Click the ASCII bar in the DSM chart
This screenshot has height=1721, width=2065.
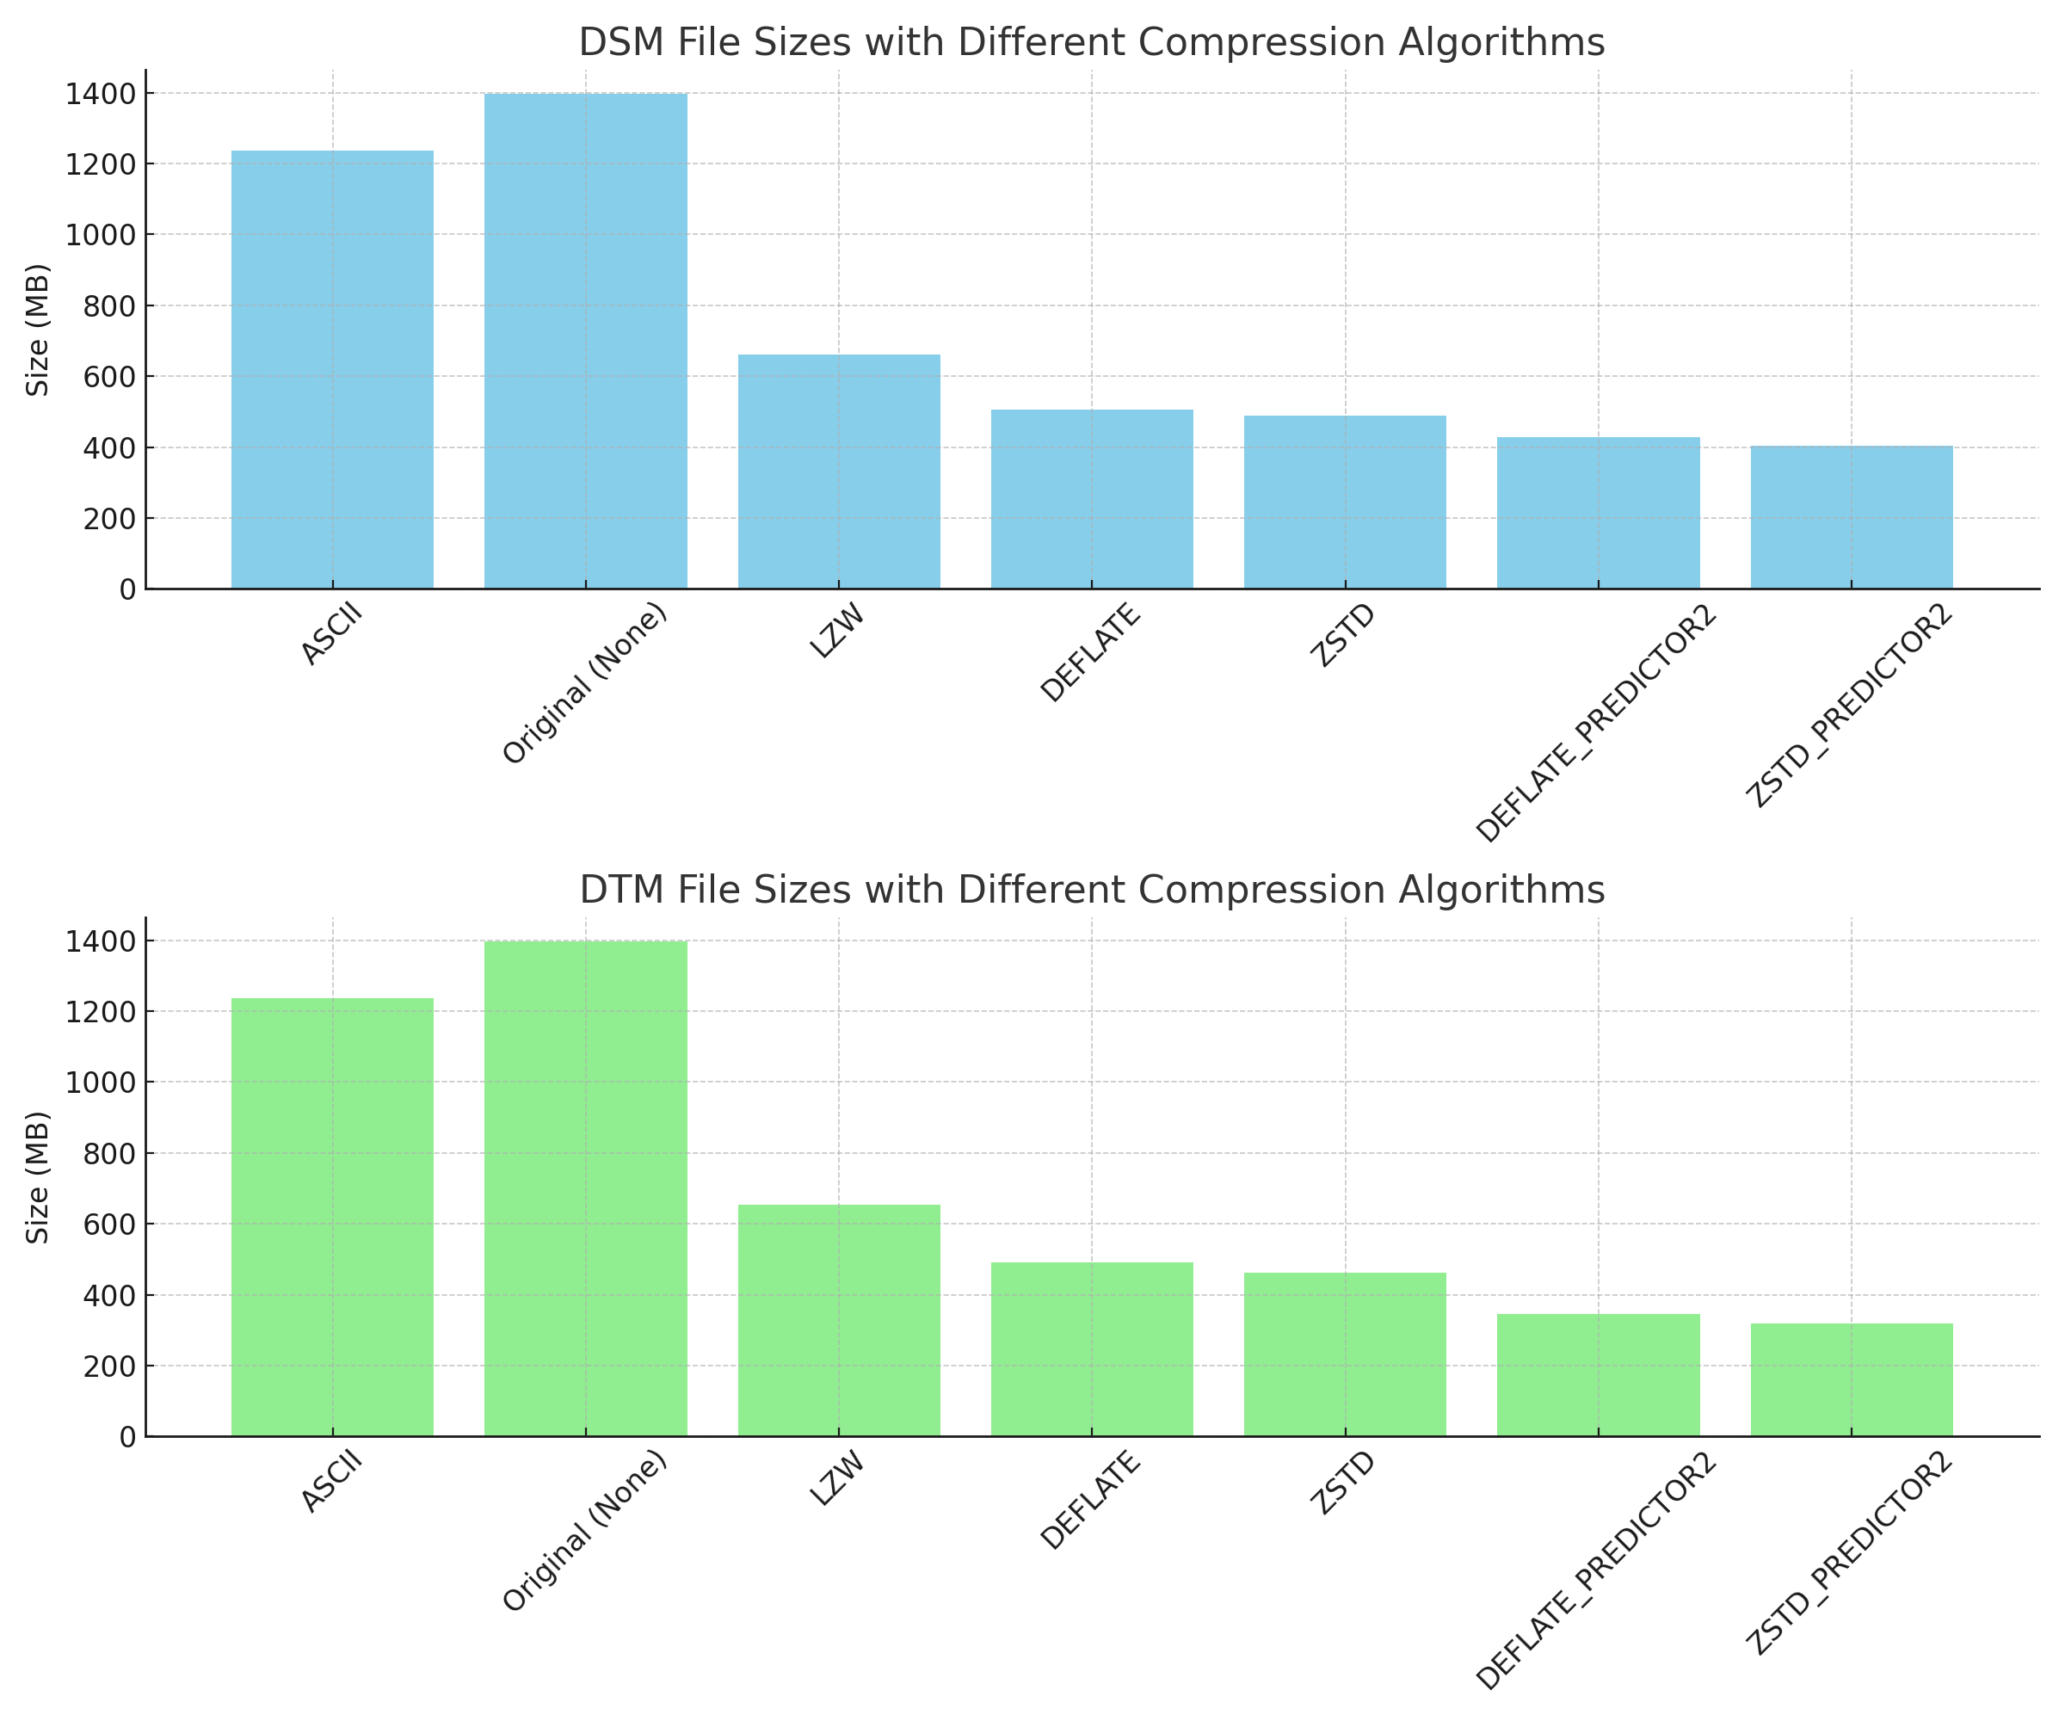(332, 370)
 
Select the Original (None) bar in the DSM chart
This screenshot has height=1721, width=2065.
(585, 342)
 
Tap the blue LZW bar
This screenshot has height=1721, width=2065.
(839, 472)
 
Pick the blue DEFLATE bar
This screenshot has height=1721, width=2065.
(1092, 500)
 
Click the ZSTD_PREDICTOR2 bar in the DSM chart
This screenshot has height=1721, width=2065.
(1852, 517)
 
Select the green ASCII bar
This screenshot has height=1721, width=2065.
(332, 1218)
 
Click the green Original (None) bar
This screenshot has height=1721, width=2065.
(585, 1189)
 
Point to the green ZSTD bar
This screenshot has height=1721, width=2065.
(1345, 1355)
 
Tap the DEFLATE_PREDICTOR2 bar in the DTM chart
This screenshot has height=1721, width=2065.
(1598, 1376)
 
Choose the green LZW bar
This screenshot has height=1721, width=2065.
(839, 1321)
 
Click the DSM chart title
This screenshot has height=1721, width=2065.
(1092, 43)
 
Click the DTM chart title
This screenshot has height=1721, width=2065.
(1092, 891)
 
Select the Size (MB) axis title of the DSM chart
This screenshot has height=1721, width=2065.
(37, 330)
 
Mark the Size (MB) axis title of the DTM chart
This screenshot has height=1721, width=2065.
(37, 1177)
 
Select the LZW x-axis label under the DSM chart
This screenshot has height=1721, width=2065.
(838, 632)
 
